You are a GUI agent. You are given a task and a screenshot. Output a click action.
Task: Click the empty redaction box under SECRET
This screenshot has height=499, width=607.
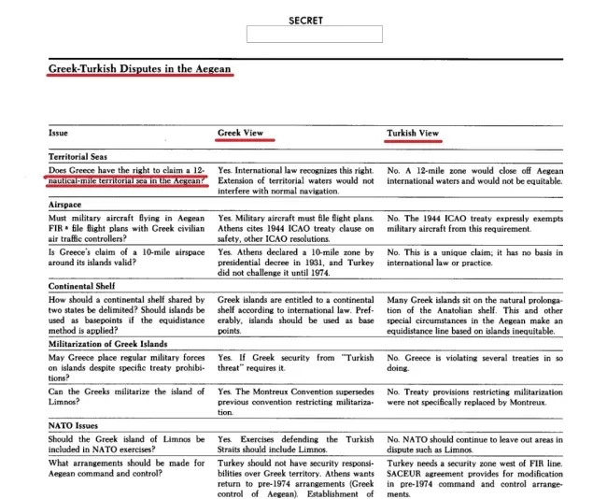coord(314,36)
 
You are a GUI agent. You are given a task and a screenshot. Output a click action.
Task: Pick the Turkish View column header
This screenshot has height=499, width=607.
coord(413,134)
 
